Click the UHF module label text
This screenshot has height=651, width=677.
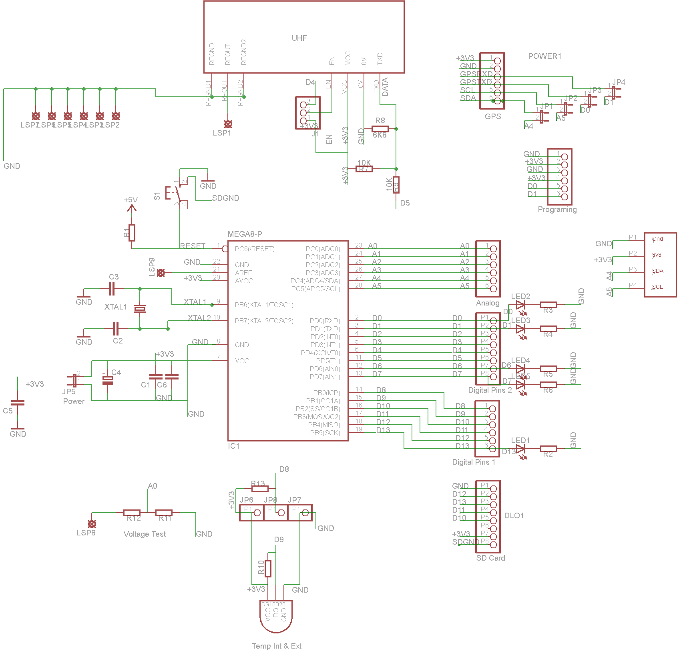(299, 38)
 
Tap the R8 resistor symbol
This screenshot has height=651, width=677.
(380, 129)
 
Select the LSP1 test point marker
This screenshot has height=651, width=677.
(228, 124)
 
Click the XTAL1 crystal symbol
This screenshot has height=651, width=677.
(140, 309)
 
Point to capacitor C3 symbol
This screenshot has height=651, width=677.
(112, 288)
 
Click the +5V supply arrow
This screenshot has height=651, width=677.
(131, 208)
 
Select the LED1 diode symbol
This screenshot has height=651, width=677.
(520, 449)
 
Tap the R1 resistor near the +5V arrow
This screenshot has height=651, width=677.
(132, 233)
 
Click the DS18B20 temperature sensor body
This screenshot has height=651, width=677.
(276, 616)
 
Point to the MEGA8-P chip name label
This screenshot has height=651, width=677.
(245, 234)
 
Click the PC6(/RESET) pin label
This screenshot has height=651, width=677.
(255, 249)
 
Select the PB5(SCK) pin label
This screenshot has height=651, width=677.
(325, 433)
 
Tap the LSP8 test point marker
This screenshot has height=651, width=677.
(92, 524)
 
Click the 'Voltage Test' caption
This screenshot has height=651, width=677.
(145, 534)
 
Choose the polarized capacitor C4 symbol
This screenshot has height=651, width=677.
(108, 380)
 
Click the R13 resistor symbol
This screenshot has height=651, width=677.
(260, 489)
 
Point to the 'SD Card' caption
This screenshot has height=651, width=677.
(490, 558)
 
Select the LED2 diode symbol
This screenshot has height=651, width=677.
(520, 305)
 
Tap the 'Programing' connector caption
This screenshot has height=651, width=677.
(557, 209)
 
